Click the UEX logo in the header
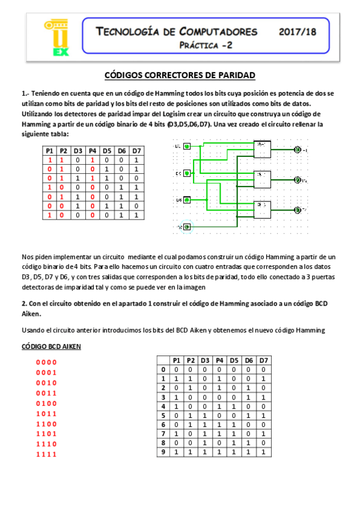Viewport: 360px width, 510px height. click(56, 38)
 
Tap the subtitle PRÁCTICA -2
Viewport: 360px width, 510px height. click(206, 45)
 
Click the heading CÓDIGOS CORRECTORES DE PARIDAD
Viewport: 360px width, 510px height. click(180, 75)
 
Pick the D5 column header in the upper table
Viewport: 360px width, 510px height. click(106, 150)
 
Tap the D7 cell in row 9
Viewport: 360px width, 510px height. click(263, 452)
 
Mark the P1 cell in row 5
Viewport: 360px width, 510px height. click(176, 414)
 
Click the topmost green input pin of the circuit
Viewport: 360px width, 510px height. click(187, 146)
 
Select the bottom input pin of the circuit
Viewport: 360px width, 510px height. click(187, 227)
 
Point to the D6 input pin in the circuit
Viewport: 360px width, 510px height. click(187, 200)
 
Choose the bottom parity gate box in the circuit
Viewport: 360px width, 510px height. click(263, 209)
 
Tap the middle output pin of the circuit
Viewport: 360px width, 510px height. click(296, 179)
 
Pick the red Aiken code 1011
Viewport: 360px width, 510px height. click(46, 413)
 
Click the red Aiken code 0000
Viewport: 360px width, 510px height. click(46, 362)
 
